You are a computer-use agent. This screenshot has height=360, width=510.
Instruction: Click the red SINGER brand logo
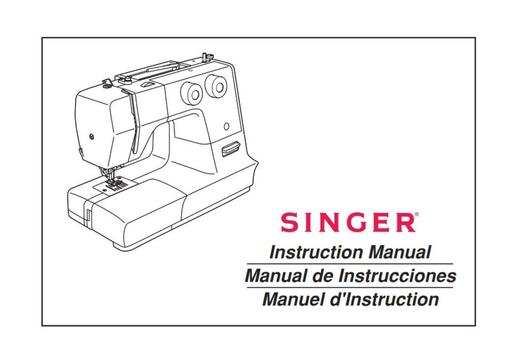[348, 223]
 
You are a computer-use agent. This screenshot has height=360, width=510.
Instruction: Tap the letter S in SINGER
[289, 223]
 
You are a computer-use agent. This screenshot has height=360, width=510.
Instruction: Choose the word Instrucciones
[397, 276]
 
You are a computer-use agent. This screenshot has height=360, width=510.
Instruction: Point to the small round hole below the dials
[226, 126]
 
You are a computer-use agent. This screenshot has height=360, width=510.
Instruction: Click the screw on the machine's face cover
[92, 136]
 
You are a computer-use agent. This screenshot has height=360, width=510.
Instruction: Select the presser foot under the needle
[112, 182]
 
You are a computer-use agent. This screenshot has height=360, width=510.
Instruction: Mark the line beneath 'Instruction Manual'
[349, 264]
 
